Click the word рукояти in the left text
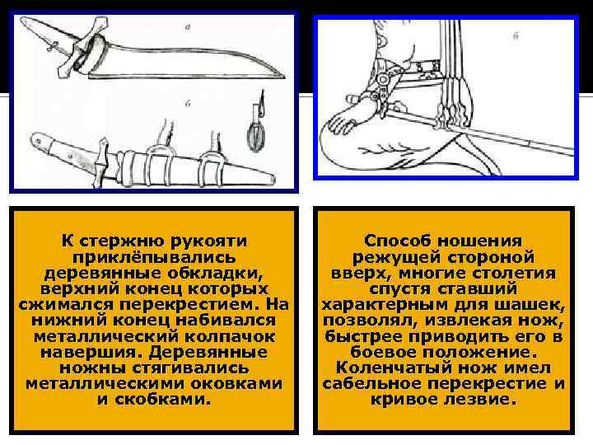(208, 241)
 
